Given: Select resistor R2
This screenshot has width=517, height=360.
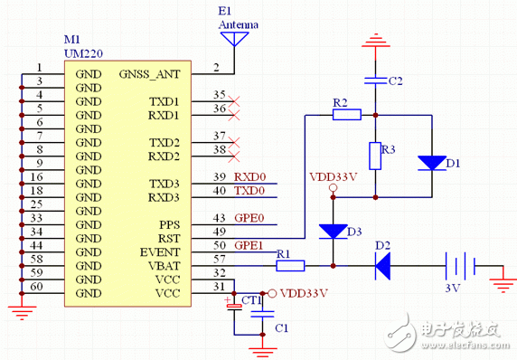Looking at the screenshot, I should point(348,115).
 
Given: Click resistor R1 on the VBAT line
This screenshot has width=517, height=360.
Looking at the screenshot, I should point(291,265).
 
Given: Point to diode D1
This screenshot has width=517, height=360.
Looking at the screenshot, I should point(431,164).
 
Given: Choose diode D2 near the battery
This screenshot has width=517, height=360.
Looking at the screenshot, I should point(382,265).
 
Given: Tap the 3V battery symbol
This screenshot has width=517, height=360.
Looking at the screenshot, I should point(462,266).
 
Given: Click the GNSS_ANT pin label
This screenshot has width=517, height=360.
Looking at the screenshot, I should point(149,73).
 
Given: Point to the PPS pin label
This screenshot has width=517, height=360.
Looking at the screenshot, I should point(168,225).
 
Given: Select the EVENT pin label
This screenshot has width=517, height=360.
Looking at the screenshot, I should point(160,252).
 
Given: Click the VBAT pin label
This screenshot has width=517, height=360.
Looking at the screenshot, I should point(163,266).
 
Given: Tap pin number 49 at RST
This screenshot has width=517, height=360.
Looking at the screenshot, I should point(219,232).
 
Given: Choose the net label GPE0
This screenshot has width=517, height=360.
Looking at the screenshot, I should point(249,219).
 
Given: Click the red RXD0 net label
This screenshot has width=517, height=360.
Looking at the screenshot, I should point(249,177).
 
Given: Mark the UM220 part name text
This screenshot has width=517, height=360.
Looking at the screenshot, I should point(81,54).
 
